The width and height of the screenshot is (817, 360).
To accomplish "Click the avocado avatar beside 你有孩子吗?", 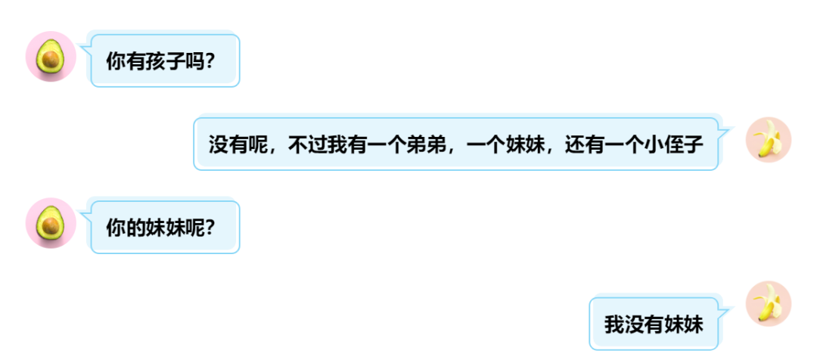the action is click(x=50, y=57).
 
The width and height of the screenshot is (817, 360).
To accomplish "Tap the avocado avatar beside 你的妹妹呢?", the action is click(x=50, y=223).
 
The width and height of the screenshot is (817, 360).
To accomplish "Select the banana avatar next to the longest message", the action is click(x=769, y=140).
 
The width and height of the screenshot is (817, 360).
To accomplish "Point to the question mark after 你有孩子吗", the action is click(x=210, y=60).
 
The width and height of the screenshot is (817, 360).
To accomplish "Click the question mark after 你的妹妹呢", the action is click(x=210, y=227).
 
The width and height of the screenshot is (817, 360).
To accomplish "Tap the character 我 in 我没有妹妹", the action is click(x=614, y=325).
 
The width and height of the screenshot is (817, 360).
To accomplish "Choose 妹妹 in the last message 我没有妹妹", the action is click(x=684, y=325).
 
